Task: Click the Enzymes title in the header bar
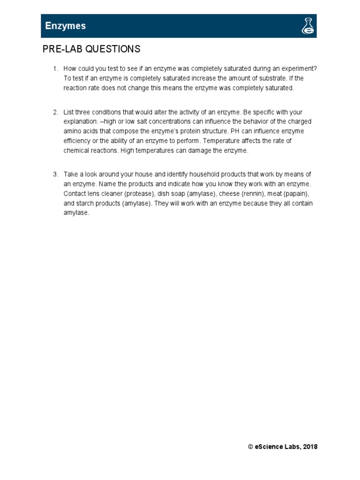pos(65,26)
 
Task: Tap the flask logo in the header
pos(307,26)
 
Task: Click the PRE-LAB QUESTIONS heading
pos(91,49)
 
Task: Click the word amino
pos(72,131)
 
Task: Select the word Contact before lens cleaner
pos(75,194)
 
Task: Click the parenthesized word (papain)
pos(299,194)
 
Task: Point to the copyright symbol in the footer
pos(251,447)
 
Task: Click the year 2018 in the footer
pos(310,447)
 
